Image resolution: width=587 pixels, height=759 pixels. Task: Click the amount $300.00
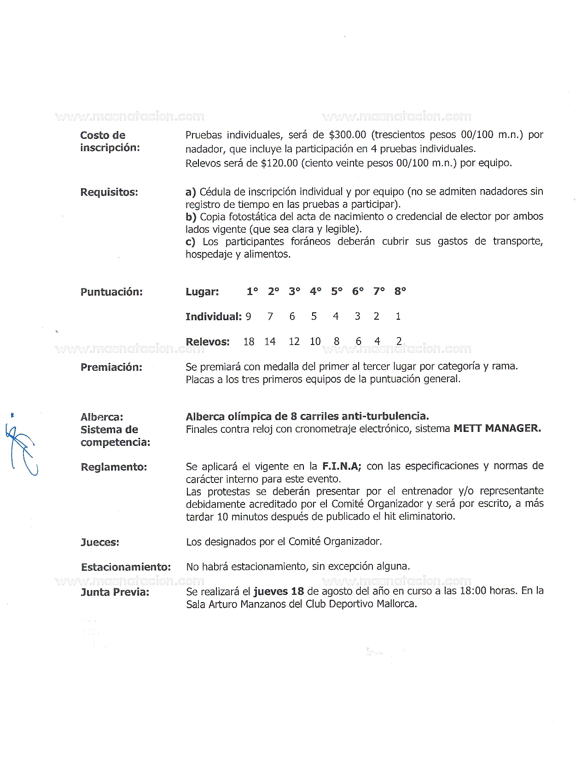point(348,135)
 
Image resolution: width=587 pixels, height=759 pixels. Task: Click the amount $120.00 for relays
point(279,163)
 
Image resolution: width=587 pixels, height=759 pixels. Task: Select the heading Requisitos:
point(109,192)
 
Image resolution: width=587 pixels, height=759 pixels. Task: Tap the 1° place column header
point(252,291)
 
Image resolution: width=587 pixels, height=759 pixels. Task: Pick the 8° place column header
point(400,291)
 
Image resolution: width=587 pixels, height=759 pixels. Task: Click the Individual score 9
point(249,316)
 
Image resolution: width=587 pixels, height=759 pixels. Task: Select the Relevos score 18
point(249,341)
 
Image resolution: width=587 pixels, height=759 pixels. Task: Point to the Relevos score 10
point(315,341)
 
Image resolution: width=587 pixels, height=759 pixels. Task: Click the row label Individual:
point(213,316)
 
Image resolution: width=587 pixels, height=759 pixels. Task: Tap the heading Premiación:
point(111,367)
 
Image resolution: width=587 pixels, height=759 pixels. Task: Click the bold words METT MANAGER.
point(497,428)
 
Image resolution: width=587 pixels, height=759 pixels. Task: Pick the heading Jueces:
point(100,542)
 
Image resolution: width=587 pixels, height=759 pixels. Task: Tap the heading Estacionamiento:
point(126,567)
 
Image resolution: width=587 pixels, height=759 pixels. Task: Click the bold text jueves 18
point(279,592)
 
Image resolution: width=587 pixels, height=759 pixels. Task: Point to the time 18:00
point(473,591)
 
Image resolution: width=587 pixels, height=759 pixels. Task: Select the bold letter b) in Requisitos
point(191,217)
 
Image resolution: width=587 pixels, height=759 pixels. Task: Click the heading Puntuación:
point(111,292)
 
